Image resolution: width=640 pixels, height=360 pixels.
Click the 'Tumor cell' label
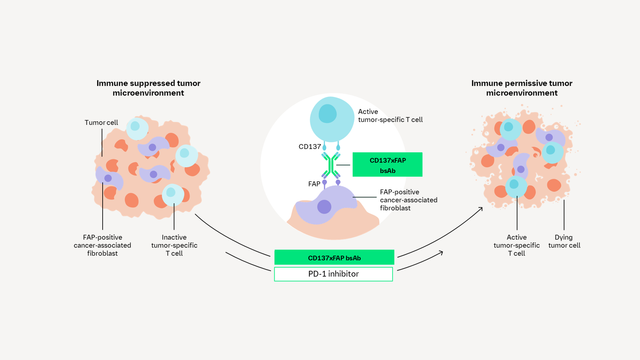pyautogui.click(x=101, y=123)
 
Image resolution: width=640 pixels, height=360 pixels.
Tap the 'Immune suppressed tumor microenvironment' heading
pyautogui.click(x=148, y=88)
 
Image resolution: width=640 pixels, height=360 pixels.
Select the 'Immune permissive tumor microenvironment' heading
pyautogui.click(x=522, y=88)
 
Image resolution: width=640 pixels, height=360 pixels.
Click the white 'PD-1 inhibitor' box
pyautogui.click(x=333, y=274)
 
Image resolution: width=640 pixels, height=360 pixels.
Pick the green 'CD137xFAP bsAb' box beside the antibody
pyautogui.click(x=387, y=165)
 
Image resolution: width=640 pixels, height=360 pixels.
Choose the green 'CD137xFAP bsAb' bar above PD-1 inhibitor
pyautogui.click(x=334, y=257)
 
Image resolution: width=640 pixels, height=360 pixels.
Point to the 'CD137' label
pyautogui.click(x=310, y=147)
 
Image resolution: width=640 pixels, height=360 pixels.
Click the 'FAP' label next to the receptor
pyautogui.click(x=314, y=184)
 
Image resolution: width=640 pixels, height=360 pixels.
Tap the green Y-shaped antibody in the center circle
pyautogui.click(x=331, y=165)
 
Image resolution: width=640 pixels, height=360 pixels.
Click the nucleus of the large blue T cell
pyautogui.click(x=328, y=114)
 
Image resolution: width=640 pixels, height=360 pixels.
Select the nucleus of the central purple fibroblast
pyautogui.click(x=324, y=207)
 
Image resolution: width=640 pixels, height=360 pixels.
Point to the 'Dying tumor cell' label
pyautogui.click(x=564, y=241)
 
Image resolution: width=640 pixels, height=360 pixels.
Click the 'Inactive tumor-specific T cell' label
pyautogui.click(x=174, y=245)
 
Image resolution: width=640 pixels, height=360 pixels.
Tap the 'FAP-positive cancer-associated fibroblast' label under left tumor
pyautogui.click(x=102, y=245)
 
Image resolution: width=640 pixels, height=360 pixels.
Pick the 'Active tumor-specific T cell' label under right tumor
pyautogui.click(x=517, y=245)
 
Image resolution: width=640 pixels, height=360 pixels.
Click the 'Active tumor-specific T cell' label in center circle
pyautogui.click(x=390, y=116)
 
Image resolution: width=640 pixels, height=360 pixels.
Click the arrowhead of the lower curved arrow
pyautogui.click(x=441, y=253)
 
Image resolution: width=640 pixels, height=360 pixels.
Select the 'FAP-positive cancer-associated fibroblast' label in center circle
pyautogui.click(x=409, y=200)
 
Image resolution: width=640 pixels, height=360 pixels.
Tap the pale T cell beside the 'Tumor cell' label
pyautogui.click(x=137, y=128)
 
